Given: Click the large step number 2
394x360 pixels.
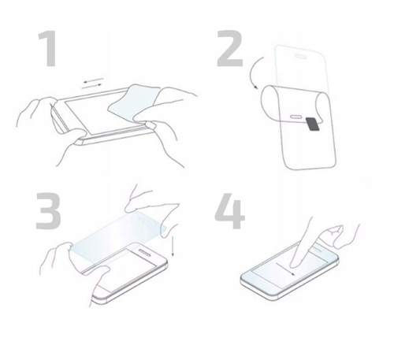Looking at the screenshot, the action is [230, 48].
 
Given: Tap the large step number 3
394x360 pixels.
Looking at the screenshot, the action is [48, 210].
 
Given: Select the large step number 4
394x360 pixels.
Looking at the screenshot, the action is [230, 210].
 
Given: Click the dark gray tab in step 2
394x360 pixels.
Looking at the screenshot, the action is [313, 124].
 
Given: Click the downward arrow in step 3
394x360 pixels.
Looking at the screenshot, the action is [173, 246].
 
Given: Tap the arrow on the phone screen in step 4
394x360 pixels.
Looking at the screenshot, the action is [285, 269].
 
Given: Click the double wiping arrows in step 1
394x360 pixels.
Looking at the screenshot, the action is [92, 84].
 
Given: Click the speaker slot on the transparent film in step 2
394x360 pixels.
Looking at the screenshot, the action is [301, 56].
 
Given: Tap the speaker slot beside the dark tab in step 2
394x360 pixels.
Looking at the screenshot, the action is [296, 117].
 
